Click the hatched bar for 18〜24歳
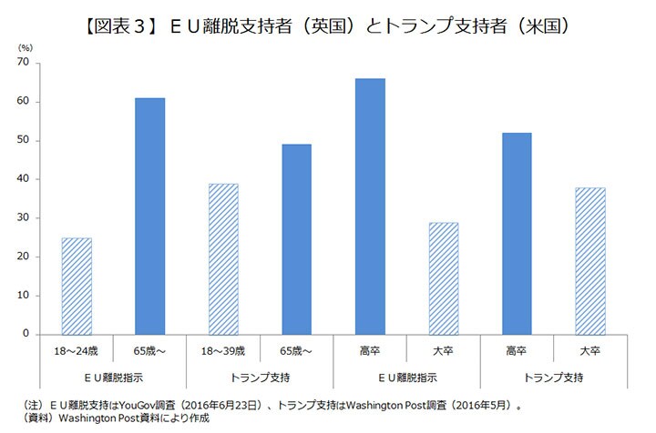(x=77, y=286)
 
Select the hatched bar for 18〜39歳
(x=224, y=258)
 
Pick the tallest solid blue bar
(x=371, y=206)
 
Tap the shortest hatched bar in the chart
(x=77, y=286)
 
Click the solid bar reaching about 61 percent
(x=150, y=216)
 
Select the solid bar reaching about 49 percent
(x=297, y=238)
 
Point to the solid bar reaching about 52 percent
(x=518, y=233)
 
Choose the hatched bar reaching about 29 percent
(x=445, y=277)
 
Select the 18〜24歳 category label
(x=77, y=349)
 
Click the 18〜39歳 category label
(x=224, y=349)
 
